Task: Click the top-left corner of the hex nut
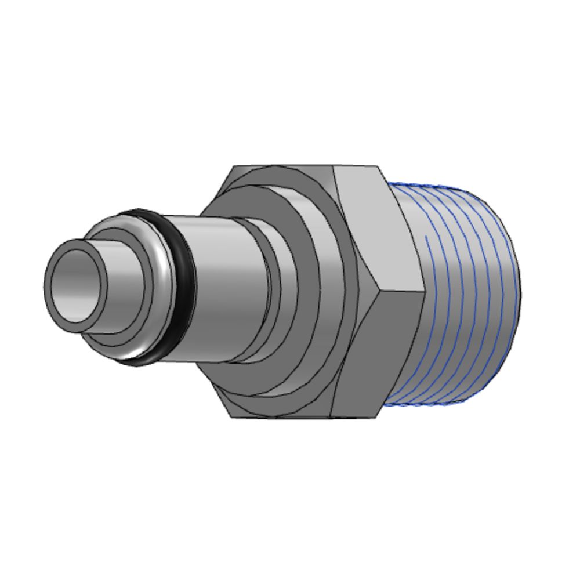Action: point(235,167)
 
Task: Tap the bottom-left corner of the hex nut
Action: point(231,416)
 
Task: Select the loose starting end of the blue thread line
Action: point(427,237)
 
